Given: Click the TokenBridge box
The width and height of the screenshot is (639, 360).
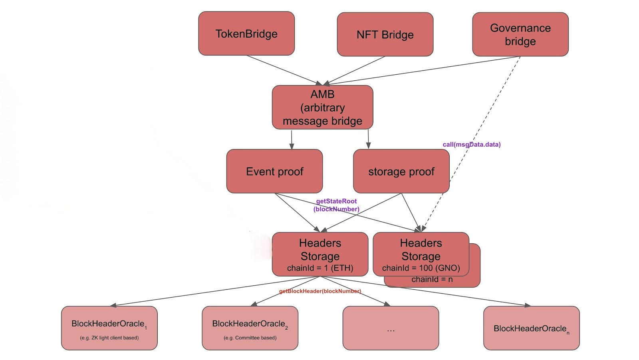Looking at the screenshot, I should click(x=246, y=34).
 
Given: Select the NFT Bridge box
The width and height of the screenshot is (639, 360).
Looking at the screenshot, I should click(x=385, y=34).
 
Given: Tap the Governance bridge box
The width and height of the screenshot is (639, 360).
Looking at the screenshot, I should click(x=520, y=34).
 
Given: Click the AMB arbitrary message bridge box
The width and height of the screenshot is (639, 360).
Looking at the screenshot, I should click(x=322, y=107).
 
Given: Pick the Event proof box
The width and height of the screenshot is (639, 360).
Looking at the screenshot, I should click(x=274, y=171).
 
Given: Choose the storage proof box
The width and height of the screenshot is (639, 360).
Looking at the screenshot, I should click(x=401, y=171).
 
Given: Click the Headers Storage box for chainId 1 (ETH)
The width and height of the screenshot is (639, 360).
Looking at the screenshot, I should click(x=320, y=254).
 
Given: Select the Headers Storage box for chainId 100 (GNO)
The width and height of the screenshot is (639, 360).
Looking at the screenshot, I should click(x=421, y=254).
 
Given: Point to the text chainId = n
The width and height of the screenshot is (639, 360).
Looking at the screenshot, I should click(x=432, y=280).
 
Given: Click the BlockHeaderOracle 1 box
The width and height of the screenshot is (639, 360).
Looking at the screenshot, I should click(x=109, y=328).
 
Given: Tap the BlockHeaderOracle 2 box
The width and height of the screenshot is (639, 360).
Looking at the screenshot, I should click(x=250, y=328).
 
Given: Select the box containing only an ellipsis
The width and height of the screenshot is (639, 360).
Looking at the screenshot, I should click(x=391, y=328).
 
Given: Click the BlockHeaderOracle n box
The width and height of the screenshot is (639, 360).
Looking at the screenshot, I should click(x=531, y=328).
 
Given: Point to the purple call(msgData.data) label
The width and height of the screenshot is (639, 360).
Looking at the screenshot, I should click(x=471, y=144).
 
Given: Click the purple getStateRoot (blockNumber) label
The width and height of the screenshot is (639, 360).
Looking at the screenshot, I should click(x=336, y=205).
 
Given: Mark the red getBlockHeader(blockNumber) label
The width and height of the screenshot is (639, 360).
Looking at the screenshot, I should click(x=320, y=291).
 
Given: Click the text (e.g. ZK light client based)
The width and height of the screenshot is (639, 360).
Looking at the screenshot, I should click(x=109, y=338).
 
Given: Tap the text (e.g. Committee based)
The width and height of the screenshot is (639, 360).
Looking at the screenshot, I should click(x=250, y=338).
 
